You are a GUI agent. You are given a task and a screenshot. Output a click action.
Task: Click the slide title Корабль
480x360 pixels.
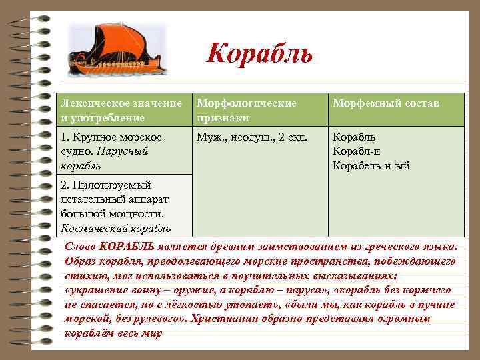(259, 53)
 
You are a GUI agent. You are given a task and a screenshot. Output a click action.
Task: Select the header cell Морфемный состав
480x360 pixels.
(386, 103)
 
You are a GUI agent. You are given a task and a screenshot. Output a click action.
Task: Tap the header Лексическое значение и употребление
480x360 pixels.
(121, 110)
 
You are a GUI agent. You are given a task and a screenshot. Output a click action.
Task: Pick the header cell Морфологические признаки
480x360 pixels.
(246, 110)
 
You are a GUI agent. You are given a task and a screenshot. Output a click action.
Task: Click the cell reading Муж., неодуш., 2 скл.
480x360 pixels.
(251, 137)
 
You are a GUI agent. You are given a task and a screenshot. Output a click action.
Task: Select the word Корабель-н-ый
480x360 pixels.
(371, 165)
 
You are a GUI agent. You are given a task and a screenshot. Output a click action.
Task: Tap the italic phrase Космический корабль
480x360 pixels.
(111, 228)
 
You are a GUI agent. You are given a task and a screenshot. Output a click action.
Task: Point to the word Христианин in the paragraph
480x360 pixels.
(221, 319)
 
